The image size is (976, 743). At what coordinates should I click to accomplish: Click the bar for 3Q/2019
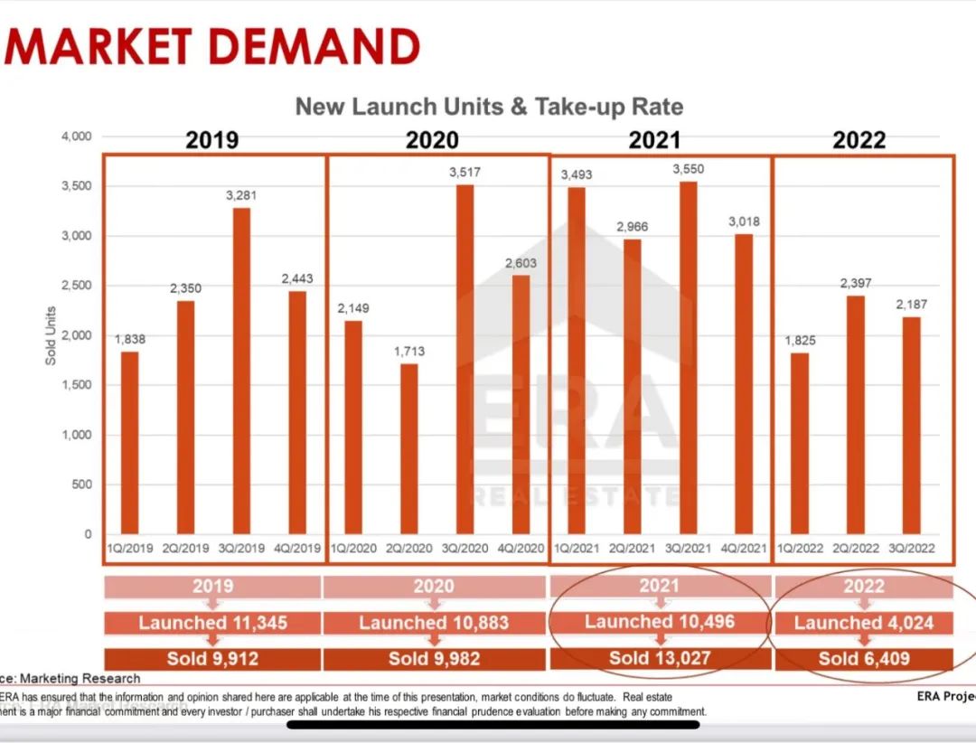coord(241,371)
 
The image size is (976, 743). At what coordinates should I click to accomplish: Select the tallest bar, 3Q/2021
coord(688,358)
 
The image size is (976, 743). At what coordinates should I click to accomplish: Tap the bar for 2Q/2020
coord(409,448)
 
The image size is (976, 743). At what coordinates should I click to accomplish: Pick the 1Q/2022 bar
coord(799,443)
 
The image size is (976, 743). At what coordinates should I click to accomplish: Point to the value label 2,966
coord(632,227)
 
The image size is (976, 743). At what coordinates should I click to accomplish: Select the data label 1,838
coord(130,339)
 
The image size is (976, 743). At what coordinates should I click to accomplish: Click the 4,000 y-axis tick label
coord(76,136)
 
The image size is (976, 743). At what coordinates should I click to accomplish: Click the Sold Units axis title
coord(51,334)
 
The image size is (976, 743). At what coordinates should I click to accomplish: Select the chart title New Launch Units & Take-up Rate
coord(489,107)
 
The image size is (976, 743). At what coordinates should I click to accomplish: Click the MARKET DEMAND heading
coord(213,45)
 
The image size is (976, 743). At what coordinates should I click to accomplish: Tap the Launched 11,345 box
coord(212,623)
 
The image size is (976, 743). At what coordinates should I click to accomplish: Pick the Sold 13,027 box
coord(660,658)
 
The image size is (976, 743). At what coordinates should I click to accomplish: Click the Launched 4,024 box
coord(863,623)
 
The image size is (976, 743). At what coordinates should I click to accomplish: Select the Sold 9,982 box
coord(434,658)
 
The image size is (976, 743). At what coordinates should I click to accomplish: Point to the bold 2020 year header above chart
coord(432,140)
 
